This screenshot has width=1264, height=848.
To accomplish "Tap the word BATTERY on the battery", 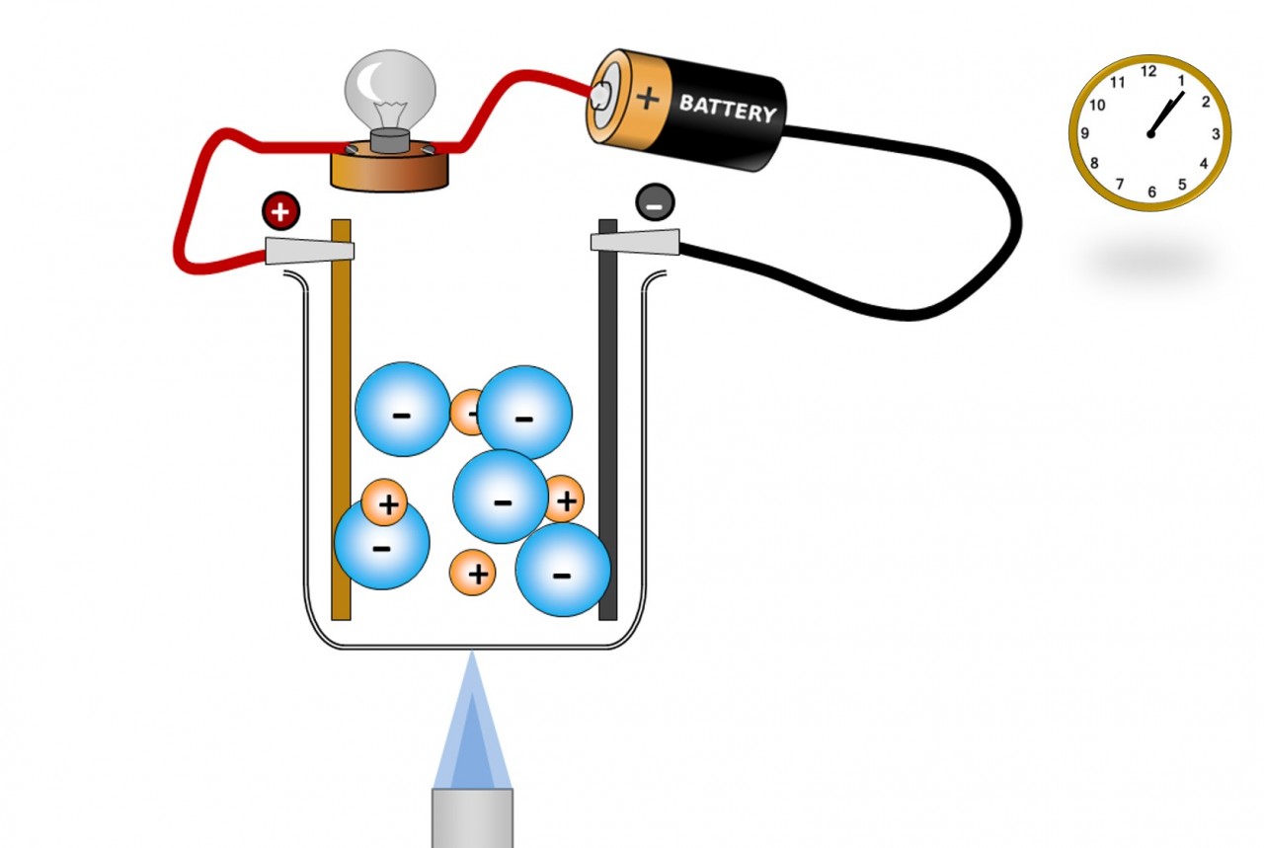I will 728,108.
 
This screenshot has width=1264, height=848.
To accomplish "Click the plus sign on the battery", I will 648,97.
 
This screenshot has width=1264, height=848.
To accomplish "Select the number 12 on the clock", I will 1148,71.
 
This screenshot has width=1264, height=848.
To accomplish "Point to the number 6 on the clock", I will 1151,192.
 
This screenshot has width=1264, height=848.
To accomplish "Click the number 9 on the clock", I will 1085,133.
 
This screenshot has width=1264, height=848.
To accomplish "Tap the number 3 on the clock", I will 1216,133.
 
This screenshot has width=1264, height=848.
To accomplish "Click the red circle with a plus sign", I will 280,210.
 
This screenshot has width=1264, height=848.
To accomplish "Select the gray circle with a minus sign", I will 655,202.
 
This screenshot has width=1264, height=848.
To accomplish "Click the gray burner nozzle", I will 473,814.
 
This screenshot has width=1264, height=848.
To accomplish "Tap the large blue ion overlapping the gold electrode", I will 382,546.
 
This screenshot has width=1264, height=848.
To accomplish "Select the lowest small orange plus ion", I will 473,573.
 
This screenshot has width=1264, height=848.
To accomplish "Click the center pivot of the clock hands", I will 1150,133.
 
